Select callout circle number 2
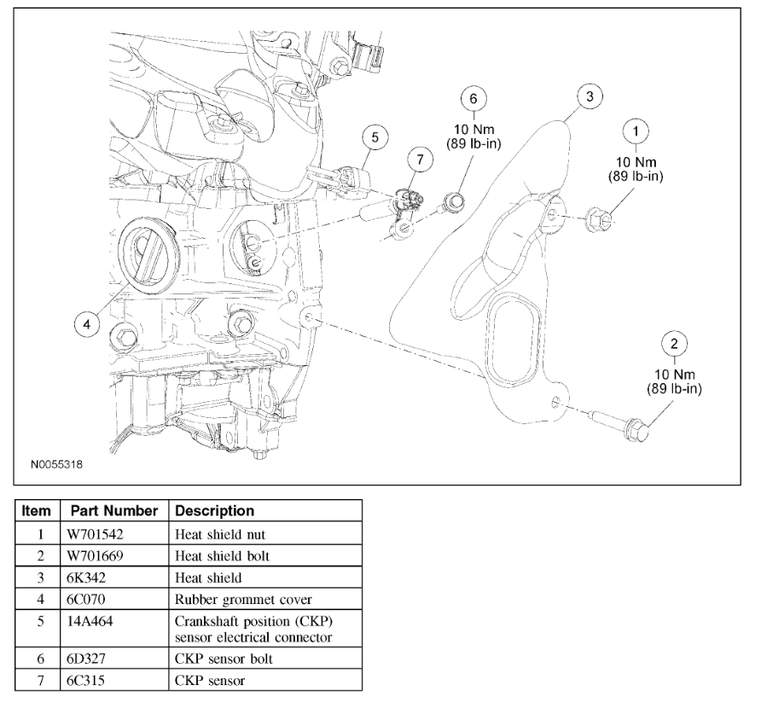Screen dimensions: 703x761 [x=674, y=345]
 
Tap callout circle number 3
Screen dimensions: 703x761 [x=589, y=96]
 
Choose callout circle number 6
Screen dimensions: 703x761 [x=473, y=98]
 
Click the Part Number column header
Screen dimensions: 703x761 [x=113, y=511]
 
